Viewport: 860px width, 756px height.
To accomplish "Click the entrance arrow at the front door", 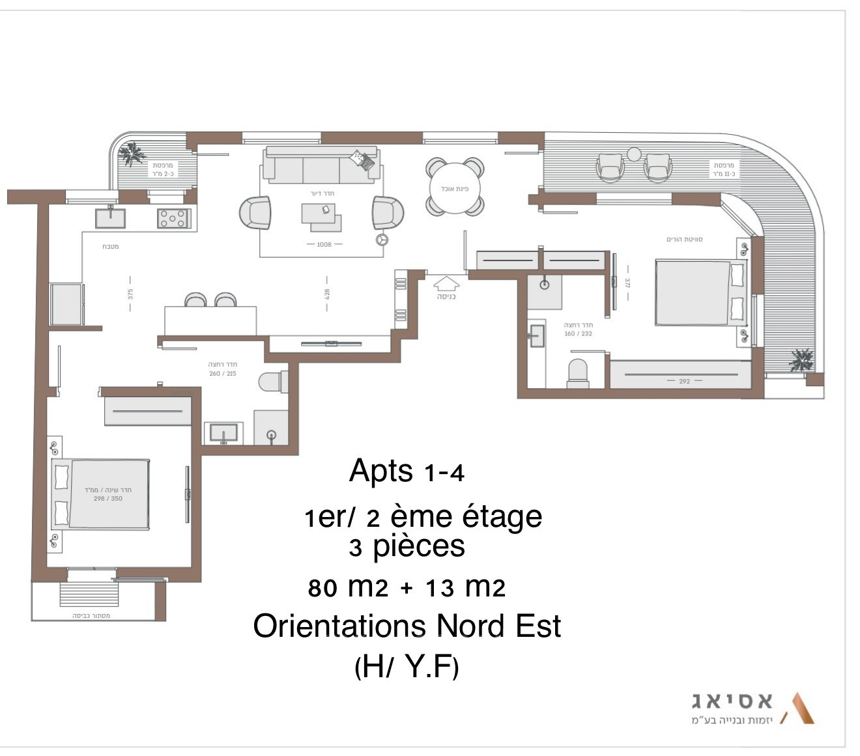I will pos(447,283).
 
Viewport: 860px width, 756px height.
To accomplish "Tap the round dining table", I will pos(455,186).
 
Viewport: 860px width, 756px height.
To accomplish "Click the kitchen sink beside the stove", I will pos(111,217).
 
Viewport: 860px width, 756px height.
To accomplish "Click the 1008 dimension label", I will pos(324,245).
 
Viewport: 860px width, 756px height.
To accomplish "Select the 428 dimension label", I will pos(327,294).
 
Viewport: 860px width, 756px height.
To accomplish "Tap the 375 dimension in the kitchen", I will pos(130,294).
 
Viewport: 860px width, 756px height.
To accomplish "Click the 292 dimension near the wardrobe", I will pos(684,381).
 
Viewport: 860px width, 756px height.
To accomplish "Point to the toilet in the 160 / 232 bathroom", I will pos(578,372).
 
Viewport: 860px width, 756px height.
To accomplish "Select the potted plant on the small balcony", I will pos(133,154).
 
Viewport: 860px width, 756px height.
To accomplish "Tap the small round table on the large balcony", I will pos(634,154).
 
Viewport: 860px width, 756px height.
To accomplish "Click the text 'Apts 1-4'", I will pos(407,471).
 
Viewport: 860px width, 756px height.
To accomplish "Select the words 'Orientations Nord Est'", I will pos(407,626).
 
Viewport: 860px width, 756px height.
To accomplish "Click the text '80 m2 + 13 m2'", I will pos(407,588).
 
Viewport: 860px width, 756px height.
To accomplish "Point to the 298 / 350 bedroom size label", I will pos(107,494).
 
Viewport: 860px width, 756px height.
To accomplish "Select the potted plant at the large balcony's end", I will pos(800,359).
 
